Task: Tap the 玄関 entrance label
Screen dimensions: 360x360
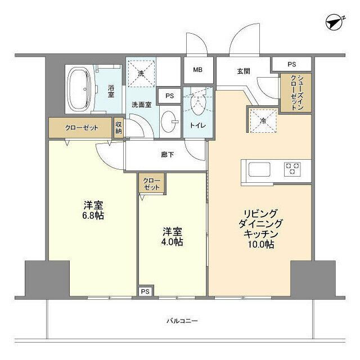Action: pyautogui.click(x=243, y=71)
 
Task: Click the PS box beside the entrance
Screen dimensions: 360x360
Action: pyautogui.click(x=291, y=65)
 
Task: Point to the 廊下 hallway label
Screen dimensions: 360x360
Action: pyautogui.click(x=167, y=154)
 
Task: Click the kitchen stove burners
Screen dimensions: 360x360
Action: pyautogui.click(x=292, y=168)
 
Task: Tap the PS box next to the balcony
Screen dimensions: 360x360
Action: pyautogui.click(x=145, y=291)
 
